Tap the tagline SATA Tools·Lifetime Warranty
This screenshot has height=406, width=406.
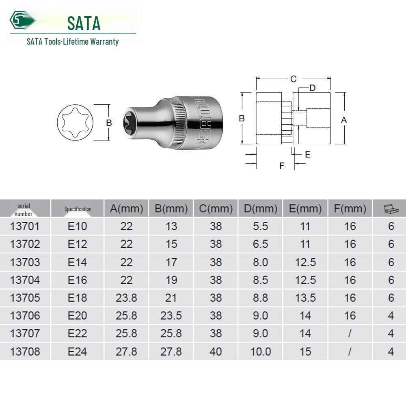73,41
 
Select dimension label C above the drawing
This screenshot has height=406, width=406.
293,79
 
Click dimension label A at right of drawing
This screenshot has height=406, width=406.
344,120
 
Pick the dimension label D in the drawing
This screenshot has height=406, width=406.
312,88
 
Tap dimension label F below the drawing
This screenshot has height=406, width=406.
282,166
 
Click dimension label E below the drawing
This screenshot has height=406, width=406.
307,154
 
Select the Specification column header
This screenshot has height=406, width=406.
78,209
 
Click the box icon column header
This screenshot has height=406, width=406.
391,209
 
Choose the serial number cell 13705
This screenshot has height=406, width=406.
25,298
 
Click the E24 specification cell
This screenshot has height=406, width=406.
77,351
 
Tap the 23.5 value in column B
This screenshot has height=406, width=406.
171,315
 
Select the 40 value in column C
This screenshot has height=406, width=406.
216,351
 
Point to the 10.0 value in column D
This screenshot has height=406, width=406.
260,351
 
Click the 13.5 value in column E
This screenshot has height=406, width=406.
305,298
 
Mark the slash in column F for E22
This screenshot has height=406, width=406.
350,333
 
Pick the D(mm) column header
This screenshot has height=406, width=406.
260,209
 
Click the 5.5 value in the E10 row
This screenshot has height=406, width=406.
260,226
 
